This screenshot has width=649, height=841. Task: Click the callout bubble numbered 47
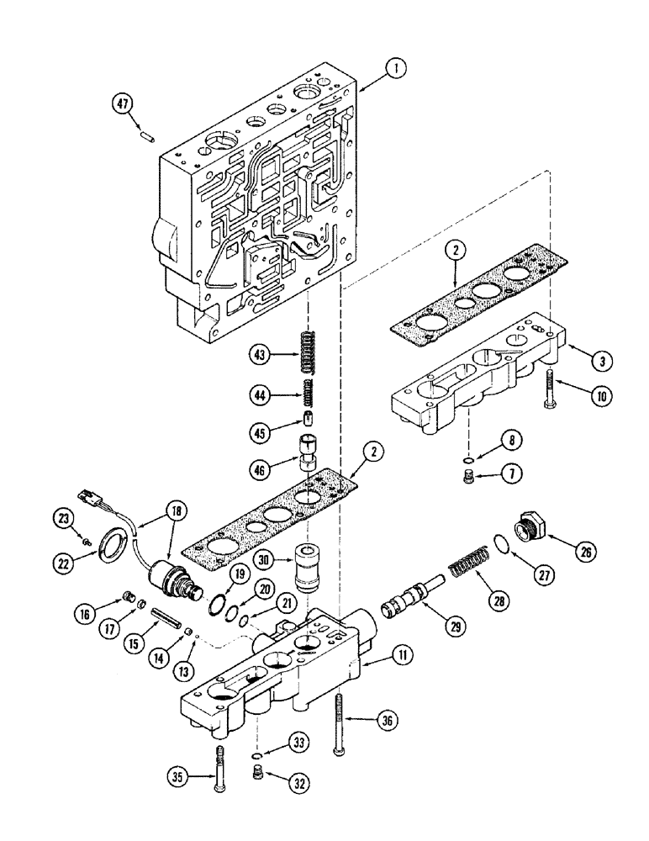click(123, 103)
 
